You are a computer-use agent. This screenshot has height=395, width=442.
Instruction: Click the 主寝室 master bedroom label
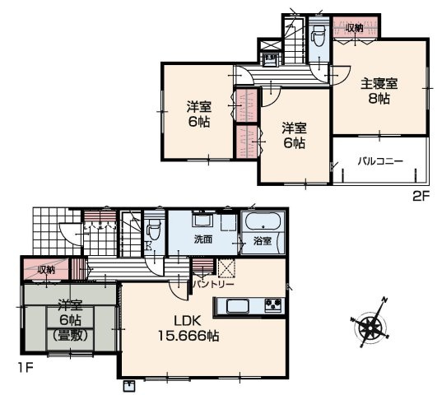coord(379,84)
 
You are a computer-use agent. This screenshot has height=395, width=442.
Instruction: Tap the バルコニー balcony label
coord(380,161)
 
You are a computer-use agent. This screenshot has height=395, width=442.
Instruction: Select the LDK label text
coord(187,321)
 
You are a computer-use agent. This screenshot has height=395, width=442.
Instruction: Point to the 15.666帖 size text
coord(188,336)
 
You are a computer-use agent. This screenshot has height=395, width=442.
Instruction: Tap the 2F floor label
coord(421,196)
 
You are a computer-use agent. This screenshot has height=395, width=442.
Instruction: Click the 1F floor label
coord(26,368)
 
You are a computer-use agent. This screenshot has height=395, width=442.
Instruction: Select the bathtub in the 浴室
coord(263,221)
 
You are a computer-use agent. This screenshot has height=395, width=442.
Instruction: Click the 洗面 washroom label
coord(203,239)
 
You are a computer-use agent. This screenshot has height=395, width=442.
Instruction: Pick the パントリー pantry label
coord(214,284)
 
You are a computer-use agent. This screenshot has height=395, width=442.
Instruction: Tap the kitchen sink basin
coord(238,306)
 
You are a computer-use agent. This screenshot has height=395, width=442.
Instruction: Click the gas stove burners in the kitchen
coord(273,304)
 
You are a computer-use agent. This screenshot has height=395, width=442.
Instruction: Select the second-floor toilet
coord(319,35)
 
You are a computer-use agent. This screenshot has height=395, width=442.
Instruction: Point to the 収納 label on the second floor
coord(354,28)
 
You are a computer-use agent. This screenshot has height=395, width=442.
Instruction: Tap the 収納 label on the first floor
coord(46,270)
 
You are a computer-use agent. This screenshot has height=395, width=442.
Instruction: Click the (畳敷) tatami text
coord(70,335)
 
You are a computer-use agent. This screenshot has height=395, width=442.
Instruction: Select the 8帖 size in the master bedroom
coord(379,99)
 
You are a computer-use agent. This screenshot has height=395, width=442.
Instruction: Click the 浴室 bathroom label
coord(263,241)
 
